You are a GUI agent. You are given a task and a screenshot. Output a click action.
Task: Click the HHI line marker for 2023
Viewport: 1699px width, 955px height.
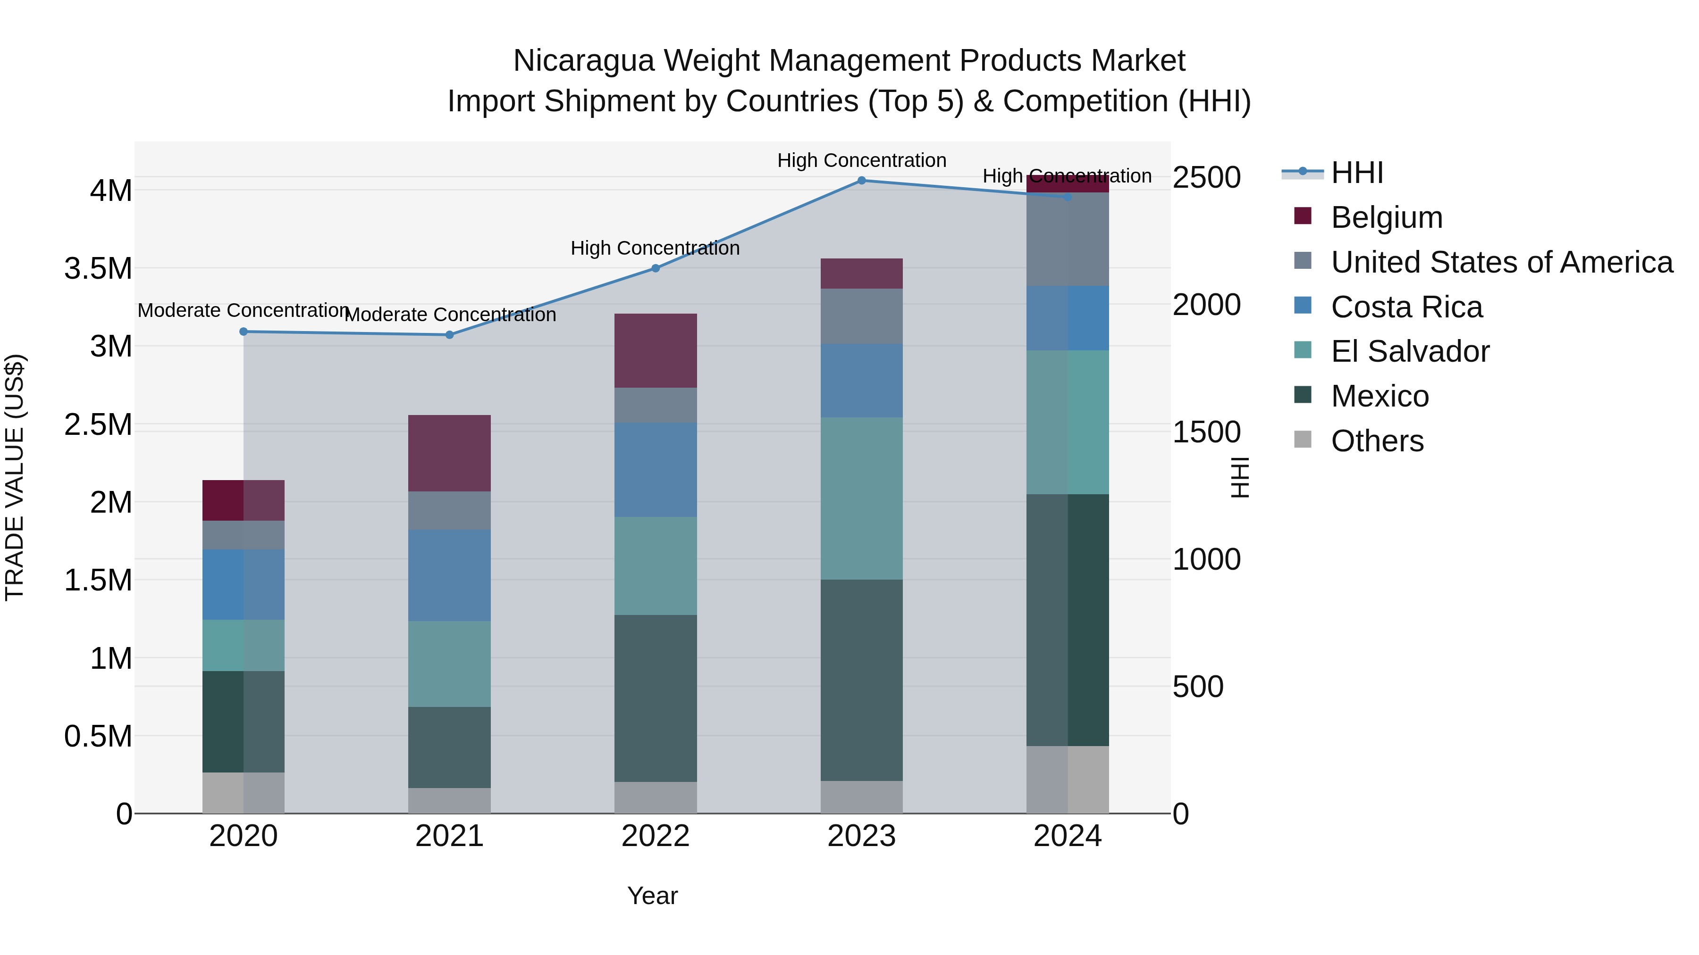coord(861,180)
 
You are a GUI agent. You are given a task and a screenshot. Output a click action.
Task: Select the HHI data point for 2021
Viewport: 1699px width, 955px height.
coord(449,335)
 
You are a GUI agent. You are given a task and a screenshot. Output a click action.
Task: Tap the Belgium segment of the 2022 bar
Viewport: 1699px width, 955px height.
coord(656,350)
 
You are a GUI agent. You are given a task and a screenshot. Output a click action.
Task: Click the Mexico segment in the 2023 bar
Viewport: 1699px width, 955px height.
coord(861,680)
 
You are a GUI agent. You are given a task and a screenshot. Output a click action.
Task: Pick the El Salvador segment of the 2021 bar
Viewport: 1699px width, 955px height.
coord(449,664)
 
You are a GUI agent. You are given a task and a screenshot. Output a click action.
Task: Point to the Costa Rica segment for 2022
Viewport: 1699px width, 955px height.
coord(656,470)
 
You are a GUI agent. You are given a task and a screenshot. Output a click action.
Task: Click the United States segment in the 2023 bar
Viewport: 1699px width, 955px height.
coord(861,316)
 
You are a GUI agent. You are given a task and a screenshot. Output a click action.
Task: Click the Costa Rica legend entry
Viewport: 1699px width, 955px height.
coord(1406,307)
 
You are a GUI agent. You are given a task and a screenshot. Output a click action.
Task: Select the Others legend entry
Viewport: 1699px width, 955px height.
coord(1377,441)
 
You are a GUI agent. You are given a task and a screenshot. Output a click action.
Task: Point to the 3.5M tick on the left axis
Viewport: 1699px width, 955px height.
coord(98,269)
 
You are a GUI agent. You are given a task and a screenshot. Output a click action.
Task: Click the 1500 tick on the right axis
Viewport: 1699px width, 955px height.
coord(1206,432)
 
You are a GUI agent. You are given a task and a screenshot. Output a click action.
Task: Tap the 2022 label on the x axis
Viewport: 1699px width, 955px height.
coord(656,836)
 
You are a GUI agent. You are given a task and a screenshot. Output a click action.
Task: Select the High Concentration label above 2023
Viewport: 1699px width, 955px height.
coord(861,160)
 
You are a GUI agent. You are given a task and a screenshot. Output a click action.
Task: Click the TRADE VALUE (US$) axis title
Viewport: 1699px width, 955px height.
coord(15,477)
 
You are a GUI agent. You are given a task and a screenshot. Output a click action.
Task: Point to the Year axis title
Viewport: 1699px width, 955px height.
coord(652,896)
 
